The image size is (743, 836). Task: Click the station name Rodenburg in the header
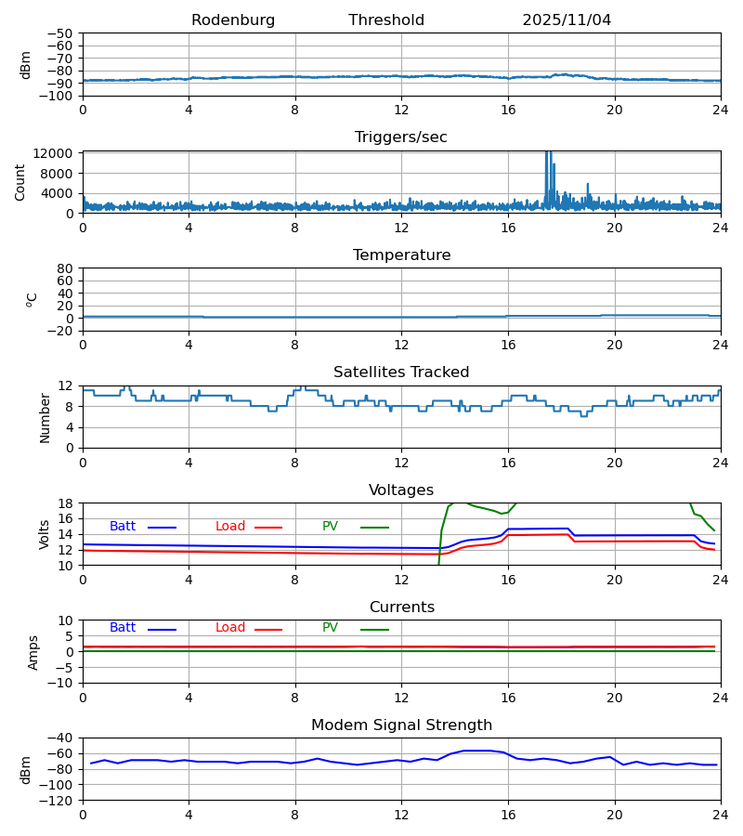233,20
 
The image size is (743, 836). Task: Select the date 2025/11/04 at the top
567,20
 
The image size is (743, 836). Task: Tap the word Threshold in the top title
386,20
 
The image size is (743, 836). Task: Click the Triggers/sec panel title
401,137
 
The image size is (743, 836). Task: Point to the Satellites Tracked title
401,372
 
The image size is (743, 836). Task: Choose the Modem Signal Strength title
401,725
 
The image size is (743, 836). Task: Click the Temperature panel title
401,255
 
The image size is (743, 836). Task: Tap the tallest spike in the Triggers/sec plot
548,153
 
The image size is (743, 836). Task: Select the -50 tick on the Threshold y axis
64,33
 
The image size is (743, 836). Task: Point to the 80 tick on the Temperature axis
66,268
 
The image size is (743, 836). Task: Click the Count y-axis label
20,182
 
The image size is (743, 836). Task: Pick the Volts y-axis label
45,534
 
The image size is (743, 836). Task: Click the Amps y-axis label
33,652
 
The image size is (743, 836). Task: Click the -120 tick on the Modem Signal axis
57,800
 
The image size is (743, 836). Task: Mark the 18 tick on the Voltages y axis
66,503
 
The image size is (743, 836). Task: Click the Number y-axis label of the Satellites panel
45,417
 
